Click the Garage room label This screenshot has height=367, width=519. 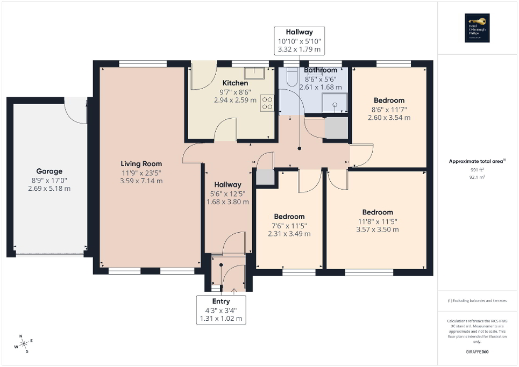click(x=49, y=171)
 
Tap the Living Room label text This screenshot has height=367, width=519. click(x=141, y=164)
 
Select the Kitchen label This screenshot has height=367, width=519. click(x=236, y=83)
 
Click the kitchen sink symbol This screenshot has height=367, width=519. click(x=253, y=73)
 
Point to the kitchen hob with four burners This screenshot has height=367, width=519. click(x=267, y=103)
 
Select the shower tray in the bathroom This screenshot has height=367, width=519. click(x=334, y=103)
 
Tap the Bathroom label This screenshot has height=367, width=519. click(x=321, y=70)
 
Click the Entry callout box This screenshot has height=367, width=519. click(x=221, y=310)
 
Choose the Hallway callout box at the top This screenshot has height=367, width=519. click(x=299, y=41)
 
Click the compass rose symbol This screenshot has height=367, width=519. click(x=24, y=344)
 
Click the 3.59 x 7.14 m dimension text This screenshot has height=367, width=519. click(x=141, y=181)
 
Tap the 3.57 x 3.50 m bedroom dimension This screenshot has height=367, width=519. click(x=378, y=229)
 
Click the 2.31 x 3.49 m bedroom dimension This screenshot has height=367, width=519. click(x=289, y=234)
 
